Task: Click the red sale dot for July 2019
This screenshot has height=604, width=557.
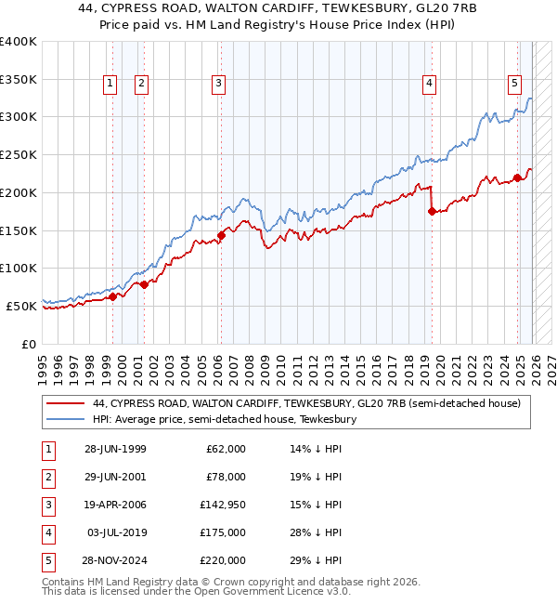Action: (432, 212)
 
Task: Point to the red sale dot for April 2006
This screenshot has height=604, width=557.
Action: (221, 235)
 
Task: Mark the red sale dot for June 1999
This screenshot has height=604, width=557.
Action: (112, 296)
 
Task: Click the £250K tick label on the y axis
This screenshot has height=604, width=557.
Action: (19, 154)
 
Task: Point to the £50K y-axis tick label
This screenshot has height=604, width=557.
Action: (21, 305)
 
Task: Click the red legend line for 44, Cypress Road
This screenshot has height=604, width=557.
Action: (64, 403)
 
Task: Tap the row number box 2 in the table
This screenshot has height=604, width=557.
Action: (46, 477)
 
